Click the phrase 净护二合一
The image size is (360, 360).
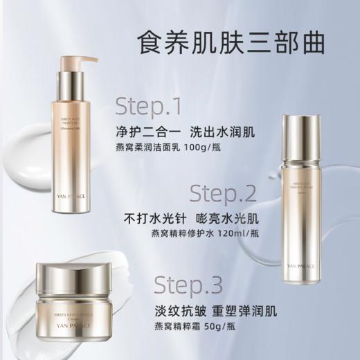click(x=140, y=132)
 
